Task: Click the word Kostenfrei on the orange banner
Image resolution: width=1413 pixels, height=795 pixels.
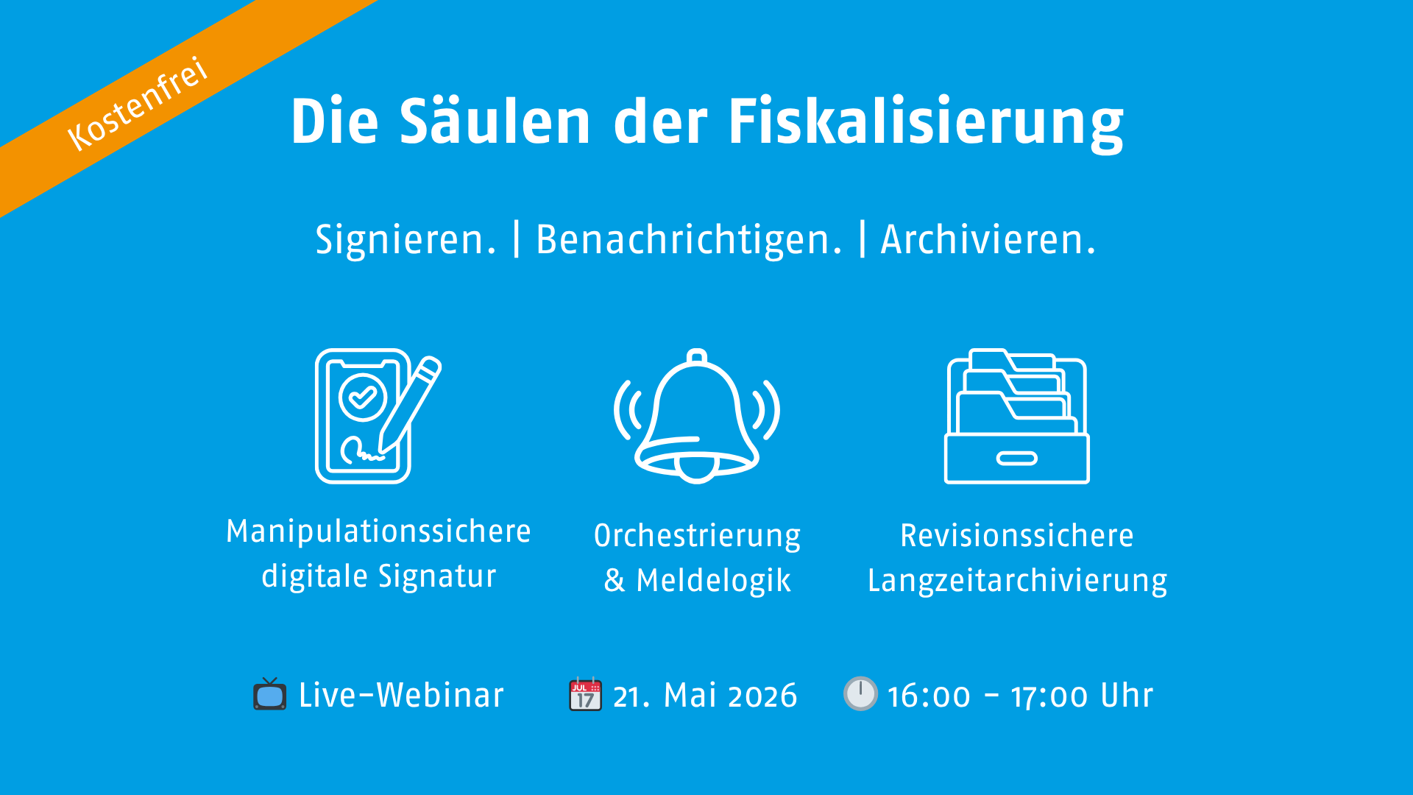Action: [138, 103]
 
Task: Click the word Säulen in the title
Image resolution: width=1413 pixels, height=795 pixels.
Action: [495, 121]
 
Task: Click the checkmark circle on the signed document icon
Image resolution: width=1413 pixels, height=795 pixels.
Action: [362, 397]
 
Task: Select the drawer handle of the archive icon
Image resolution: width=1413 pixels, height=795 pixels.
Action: [1016, 459]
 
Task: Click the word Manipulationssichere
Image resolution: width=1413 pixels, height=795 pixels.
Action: [378, 531]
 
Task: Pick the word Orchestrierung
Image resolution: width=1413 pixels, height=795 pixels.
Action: [697, 537]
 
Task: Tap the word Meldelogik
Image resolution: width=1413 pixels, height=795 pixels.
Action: [713, 581]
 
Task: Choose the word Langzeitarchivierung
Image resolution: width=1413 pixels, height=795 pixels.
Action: [1017, 581]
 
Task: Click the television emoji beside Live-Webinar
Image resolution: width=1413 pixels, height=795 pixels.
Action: [270, 694]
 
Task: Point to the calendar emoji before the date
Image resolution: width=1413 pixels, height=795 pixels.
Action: [585, 694]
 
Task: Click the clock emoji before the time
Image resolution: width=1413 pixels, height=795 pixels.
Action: [860, 693]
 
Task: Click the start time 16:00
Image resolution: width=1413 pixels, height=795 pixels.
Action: [929, 696]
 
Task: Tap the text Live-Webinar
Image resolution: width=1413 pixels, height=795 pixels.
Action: [401, 696]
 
